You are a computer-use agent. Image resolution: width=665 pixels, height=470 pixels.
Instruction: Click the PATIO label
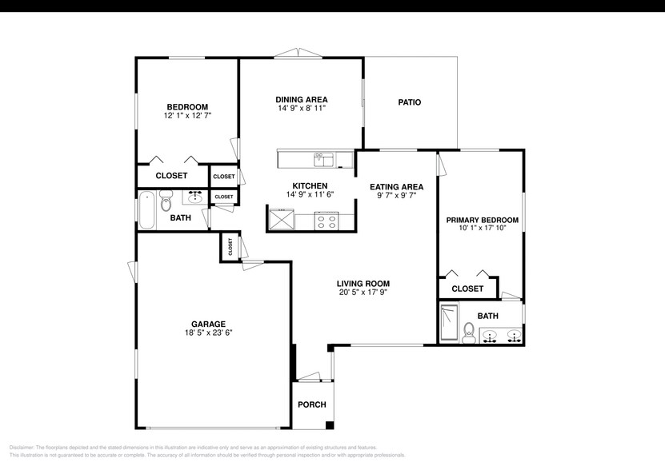point(409,102)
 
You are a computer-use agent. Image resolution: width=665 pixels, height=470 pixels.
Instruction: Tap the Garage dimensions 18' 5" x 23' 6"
point(207,333)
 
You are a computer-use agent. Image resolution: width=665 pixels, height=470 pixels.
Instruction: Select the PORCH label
point(311,404)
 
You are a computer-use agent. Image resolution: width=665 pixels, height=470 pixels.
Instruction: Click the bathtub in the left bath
point(146,209)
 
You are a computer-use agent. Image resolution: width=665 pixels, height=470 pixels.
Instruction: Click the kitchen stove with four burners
point(326,220)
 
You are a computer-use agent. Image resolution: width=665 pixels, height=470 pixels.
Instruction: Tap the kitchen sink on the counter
point(323,159)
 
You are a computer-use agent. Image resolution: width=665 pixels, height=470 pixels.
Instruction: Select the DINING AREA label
point(302,99)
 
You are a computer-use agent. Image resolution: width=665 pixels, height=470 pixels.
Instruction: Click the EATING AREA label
point(396,187)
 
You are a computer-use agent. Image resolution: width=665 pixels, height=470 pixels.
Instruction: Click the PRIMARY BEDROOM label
point(482,220)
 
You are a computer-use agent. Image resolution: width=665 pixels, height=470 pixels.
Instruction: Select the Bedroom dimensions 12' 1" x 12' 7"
point(187,116)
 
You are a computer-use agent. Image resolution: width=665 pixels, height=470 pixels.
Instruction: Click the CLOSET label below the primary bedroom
point(467,289)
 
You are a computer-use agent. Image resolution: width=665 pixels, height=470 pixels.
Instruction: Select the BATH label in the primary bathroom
point(487,316)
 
